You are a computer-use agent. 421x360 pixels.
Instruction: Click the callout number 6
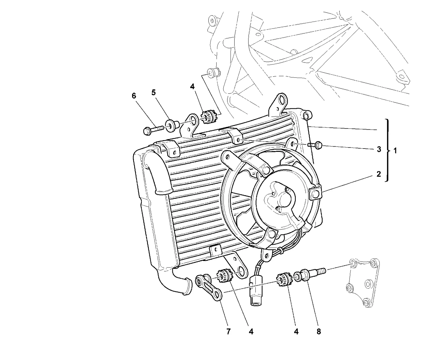(134, 96)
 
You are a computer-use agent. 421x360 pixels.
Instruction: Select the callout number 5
(153, 92)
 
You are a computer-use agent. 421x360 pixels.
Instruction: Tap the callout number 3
(379, 149)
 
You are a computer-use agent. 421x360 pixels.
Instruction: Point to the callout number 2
(379, 174)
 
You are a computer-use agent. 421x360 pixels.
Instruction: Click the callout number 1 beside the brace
(395, 151)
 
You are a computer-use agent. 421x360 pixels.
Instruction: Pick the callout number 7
(228, 332)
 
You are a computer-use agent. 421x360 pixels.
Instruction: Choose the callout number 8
(319, 332)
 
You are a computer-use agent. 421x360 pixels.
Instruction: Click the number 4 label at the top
(192, 86)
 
